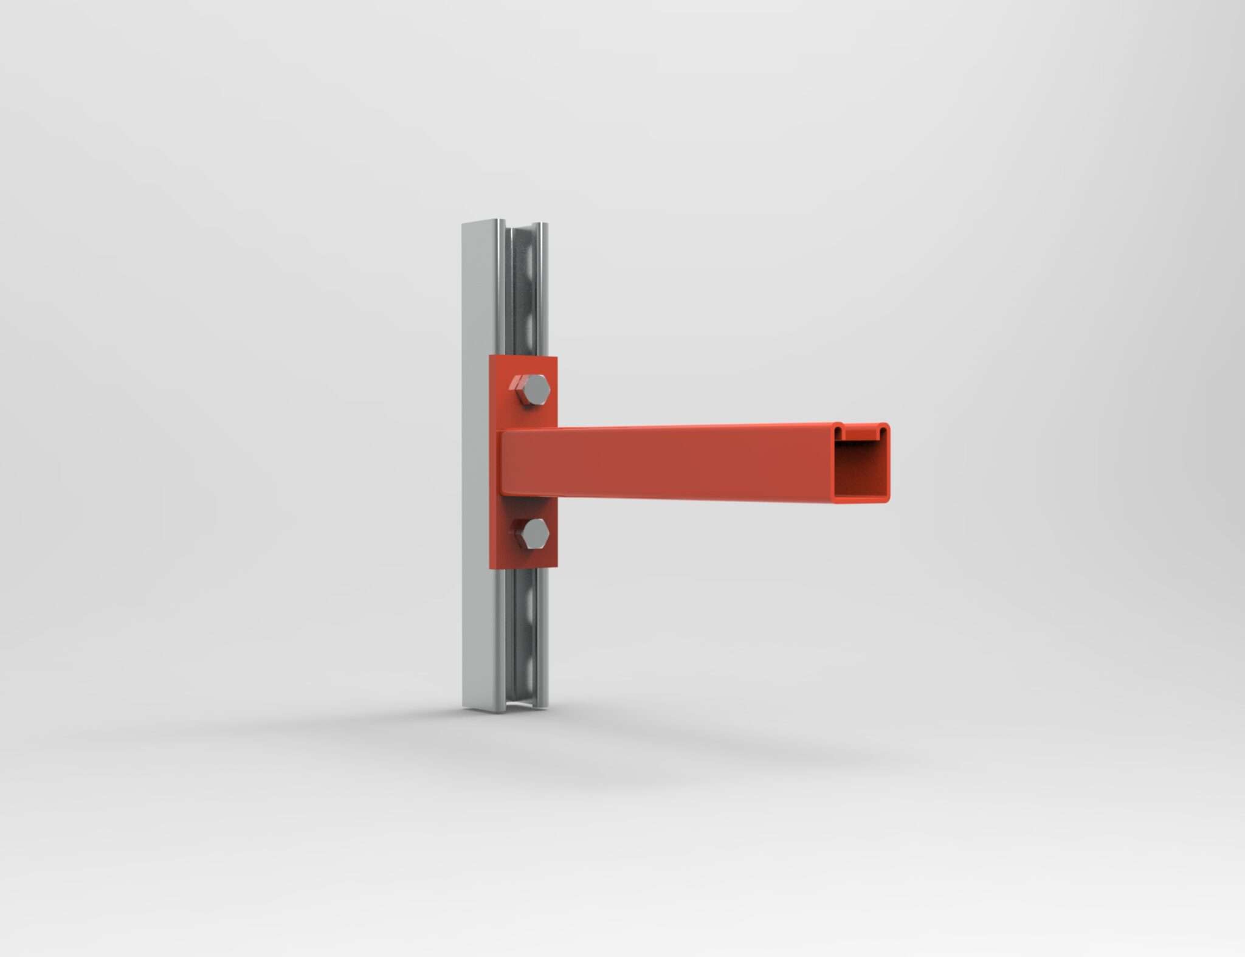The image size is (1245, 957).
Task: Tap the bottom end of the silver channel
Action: [504, 707]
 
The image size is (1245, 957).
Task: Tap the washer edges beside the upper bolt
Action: [515, 383]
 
